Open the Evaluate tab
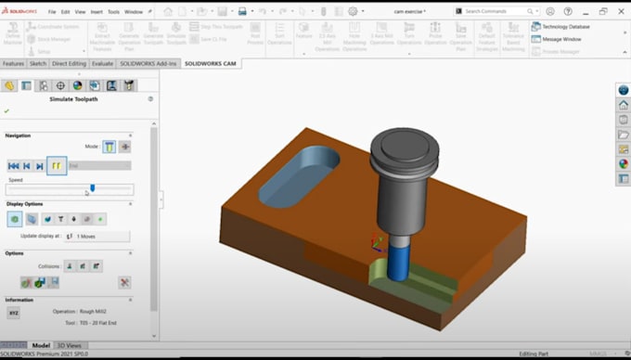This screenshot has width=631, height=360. (102, 64)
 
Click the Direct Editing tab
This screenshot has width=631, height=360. (71, 64)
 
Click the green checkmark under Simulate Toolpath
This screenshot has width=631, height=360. (7, 111)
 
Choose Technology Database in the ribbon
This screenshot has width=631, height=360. (567, 27)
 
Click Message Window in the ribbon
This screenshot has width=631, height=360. (561, 39)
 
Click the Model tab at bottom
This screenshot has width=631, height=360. (42, 345)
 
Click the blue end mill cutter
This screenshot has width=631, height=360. (396, 261)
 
